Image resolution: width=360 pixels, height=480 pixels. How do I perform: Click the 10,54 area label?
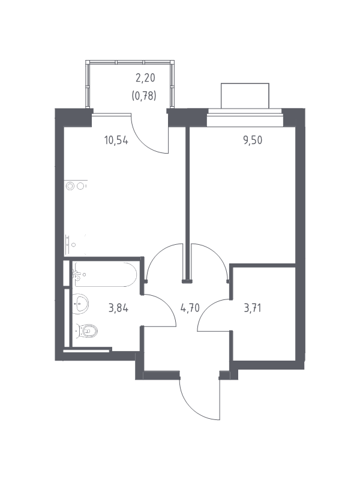[116, 140]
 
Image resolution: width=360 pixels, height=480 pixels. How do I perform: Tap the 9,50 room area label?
[253, 140]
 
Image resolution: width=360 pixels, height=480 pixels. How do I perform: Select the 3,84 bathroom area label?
[118, 308]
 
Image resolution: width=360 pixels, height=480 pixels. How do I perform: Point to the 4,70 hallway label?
[190, 308]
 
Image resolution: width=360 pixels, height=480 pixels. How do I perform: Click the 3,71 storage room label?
[253, 308]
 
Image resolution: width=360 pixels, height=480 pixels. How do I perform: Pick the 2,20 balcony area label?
[145, 78]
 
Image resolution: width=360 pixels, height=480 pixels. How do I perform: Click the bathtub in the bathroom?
[104, 274]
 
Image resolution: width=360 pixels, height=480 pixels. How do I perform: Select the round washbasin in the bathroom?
[80, 304]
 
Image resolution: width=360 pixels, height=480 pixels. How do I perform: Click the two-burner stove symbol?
[76, 186]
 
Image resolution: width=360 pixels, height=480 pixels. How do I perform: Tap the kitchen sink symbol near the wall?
[71, 245]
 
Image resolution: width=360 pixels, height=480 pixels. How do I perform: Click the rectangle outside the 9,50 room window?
[245, 96]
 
